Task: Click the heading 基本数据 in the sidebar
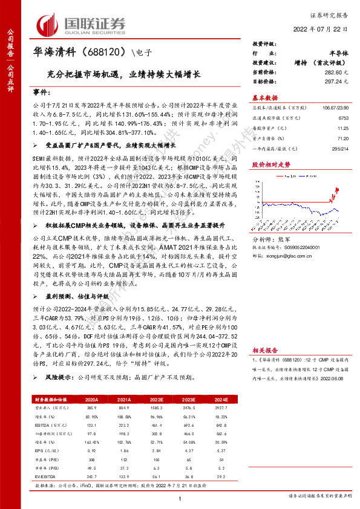pos(264,97)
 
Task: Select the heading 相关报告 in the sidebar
pos(264,350)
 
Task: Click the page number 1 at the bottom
pos(180,497)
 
